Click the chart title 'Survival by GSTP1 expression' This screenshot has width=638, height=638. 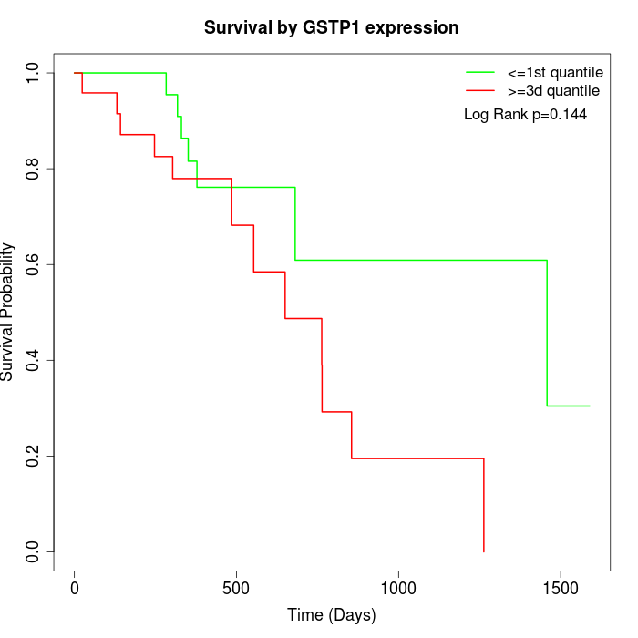330,27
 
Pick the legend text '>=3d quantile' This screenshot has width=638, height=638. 553,91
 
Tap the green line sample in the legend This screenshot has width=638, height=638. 480,72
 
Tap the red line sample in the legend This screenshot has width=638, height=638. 480,91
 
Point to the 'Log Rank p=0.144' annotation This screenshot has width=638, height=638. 525,115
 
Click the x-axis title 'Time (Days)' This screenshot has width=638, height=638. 331,615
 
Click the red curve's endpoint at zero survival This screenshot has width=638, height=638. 483,551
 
